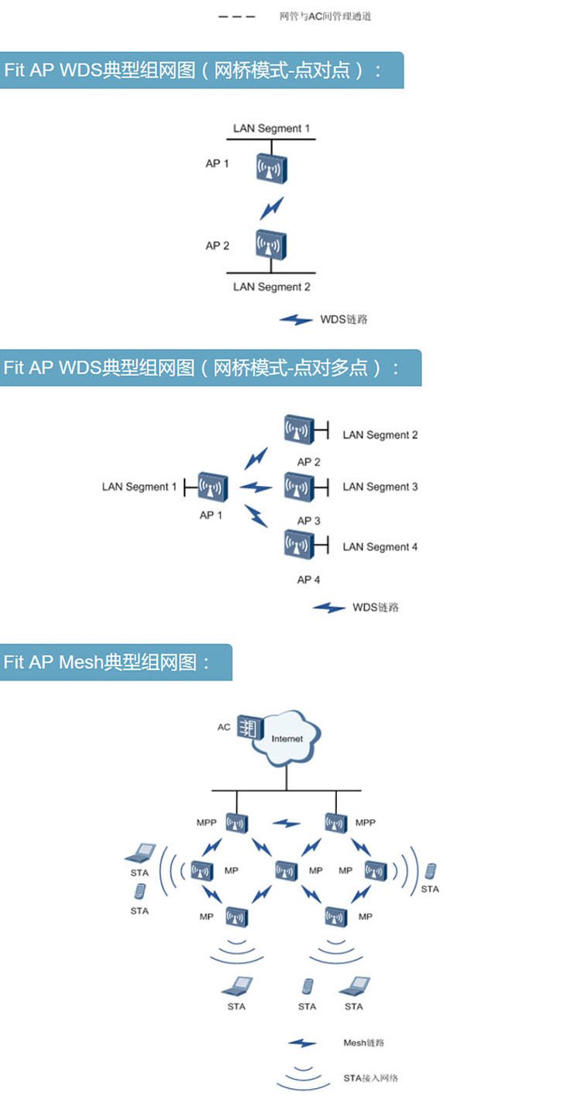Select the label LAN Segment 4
click(x=380, y=547)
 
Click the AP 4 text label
click(x=308, y=579)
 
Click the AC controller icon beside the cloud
click(x=249, y=728)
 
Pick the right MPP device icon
click(x=336, y=823)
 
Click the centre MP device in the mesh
click(x=286, y=870)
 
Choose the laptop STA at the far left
click(x=142, y=853)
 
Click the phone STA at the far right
click(x=430, y=871)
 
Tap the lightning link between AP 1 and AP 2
click(x=271, y=207)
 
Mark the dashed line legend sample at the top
click(x=236, y=16)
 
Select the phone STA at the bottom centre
click(x=308, y=986)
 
